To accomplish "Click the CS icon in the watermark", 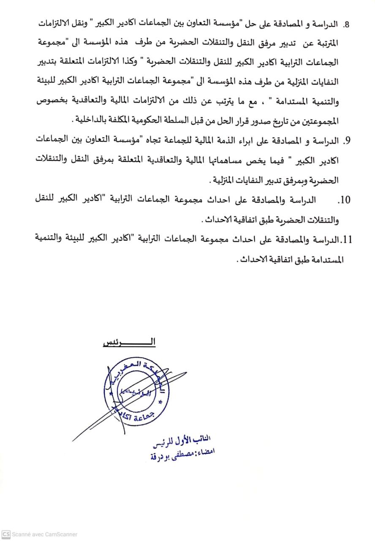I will pyautogui.click(x=5, y=534).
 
